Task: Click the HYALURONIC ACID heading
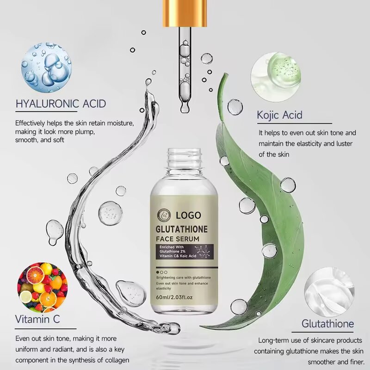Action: (61, 103)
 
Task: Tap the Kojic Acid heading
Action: (279, 114)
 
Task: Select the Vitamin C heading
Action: (37, 319)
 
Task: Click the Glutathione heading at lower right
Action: (327, 323)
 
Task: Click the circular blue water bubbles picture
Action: (46, 68)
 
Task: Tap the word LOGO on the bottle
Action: (188, 215)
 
